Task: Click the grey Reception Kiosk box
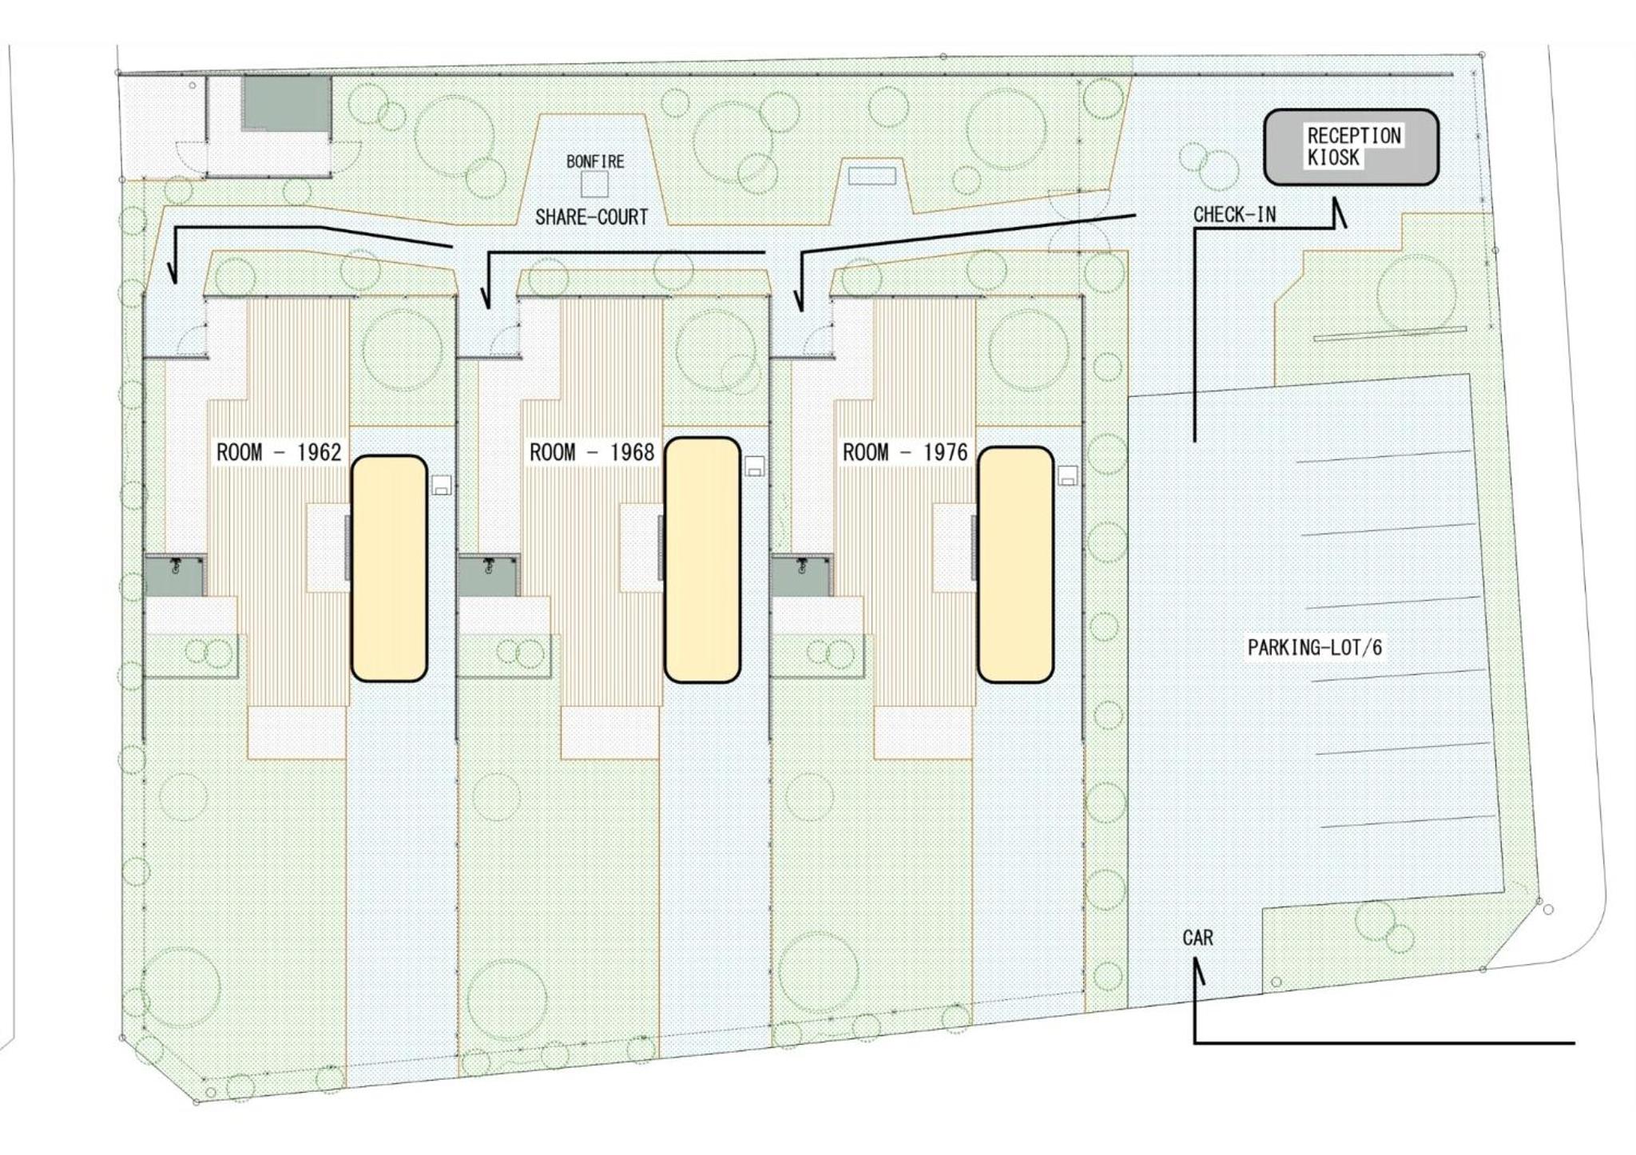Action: pos(1351,147)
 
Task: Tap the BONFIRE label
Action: pos(595,161)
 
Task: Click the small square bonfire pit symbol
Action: pos(594,185)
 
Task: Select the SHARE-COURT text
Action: pos(591,217)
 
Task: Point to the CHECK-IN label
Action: pos(1234,215)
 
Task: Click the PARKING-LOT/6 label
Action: pos(1315,647)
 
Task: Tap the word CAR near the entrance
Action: pos(1197,938)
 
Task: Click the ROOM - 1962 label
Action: pos(279,453)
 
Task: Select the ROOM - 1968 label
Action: pos(592,453)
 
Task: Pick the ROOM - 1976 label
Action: pos(905,453)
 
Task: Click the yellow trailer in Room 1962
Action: pos(389,568)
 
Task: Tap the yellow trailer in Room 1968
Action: pos(702,560)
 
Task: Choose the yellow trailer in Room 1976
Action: pos(1015,565)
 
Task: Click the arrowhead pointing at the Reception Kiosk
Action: pos(1338,213)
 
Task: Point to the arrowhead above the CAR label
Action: pos(1198,972)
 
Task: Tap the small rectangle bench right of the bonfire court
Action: pos(872,176)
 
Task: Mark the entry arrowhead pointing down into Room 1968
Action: pos(484,298)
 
